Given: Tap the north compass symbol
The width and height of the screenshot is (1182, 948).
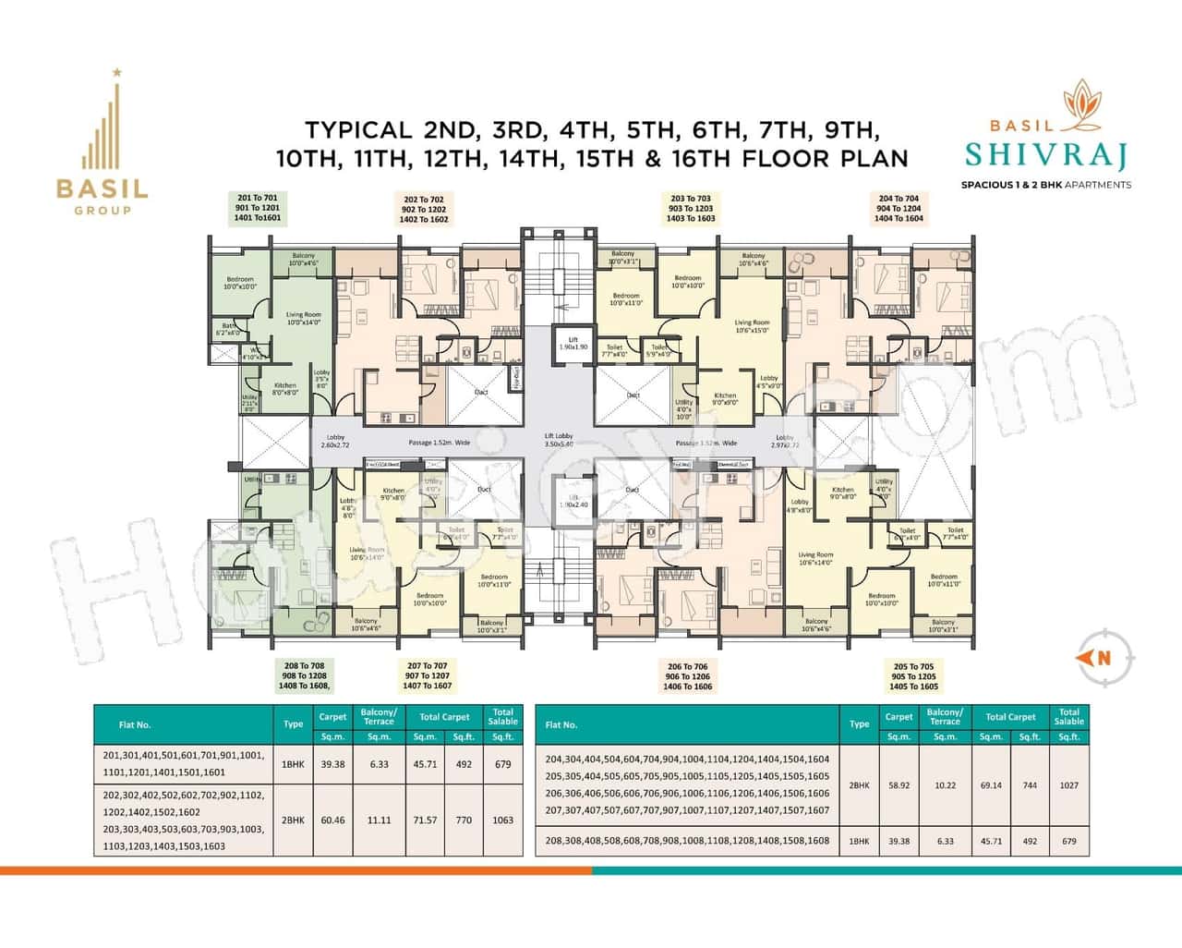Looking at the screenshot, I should (1103, 658).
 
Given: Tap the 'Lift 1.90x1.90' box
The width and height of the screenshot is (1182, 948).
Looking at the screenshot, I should (573, 343).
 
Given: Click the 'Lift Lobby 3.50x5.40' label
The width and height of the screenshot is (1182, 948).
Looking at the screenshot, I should (559, 440).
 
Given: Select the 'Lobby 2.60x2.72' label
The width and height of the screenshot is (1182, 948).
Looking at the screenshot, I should (334, 441).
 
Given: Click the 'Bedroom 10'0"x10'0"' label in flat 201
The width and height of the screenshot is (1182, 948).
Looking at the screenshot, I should (239, 283).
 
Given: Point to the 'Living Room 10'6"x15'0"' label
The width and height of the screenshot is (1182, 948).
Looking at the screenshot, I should (752, 326).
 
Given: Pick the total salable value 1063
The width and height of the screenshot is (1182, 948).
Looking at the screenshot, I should (502, 820).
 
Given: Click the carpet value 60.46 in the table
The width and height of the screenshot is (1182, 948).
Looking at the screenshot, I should (332, 820).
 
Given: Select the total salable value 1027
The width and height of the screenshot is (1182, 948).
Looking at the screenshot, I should (1068, 785).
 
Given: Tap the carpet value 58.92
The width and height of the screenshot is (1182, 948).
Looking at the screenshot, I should (898, 785).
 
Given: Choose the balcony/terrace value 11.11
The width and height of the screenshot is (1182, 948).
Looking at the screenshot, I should (379, 820).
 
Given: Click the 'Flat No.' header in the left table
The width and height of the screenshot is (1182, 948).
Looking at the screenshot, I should (135, 724).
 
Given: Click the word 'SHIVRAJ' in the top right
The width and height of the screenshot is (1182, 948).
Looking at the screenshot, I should (1045, 155).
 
